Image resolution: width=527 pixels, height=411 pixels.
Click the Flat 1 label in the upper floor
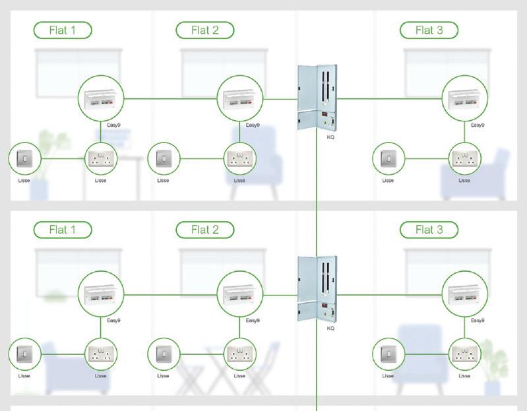tap(63, 30)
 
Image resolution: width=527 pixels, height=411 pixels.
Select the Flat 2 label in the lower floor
tap(205, 230)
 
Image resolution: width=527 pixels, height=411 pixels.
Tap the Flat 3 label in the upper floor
tap(429, 30)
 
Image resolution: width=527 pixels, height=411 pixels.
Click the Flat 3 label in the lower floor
tap(429, 230)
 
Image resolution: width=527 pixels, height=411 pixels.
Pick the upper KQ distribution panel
tap(317, 97)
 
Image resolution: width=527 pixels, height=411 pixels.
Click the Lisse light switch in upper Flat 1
tap(25, 158)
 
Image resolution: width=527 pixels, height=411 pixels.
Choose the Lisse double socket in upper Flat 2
tap(240, 158)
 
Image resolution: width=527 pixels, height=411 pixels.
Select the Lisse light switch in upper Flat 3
tap(388, 158)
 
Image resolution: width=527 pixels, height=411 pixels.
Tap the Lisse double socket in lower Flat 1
tap(101, 354)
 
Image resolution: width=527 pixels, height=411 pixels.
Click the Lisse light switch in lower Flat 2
tap(164, 354)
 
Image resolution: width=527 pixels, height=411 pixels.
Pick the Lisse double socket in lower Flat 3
tap(464, 354)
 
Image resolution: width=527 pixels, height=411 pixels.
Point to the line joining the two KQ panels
tap(317, 198)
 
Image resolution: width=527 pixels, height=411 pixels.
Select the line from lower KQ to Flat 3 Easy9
tap(389, 294)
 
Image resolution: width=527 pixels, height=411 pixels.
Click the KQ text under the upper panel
tap(330, 137)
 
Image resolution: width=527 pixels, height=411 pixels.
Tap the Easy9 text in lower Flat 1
tap(114, 321)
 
